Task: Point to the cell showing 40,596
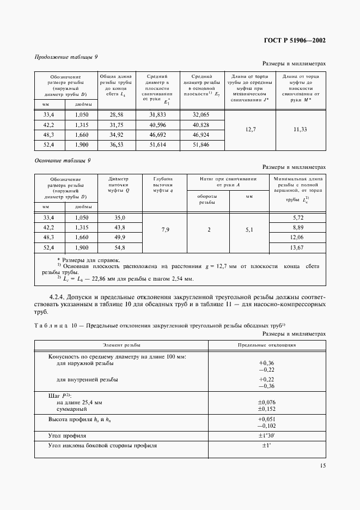[157, 124]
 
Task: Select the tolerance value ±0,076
[267, 402]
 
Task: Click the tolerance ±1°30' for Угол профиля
[267, 436]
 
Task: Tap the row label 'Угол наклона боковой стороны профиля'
[103, 446]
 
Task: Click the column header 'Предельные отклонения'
[267, 345]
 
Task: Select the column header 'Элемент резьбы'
[121, 345]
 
